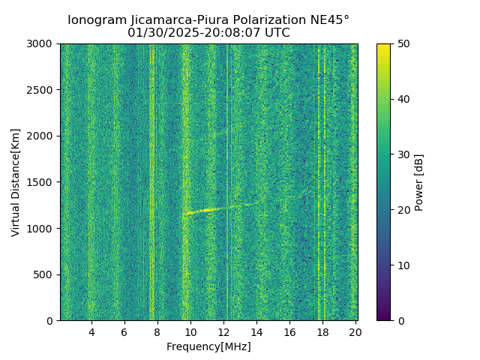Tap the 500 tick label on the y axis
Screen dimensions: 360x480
point(45,274)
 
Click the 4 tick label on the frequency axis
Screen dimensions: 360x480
point(91,331)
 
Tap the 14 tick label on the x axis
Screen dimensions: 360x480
point(256,331)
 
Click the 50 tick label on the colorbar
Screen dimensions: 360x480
point(402,43)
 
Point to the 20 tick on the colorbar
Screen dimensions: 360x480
point(391,210)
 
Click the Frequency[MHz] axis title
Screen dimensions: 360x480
point(208,346)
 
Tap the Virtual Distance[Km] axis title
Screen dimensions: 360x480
point(16,182)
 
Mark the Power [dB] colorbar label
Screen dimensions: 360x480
point(419,182)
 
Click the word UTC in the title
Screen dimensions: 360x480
point(275,33)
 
